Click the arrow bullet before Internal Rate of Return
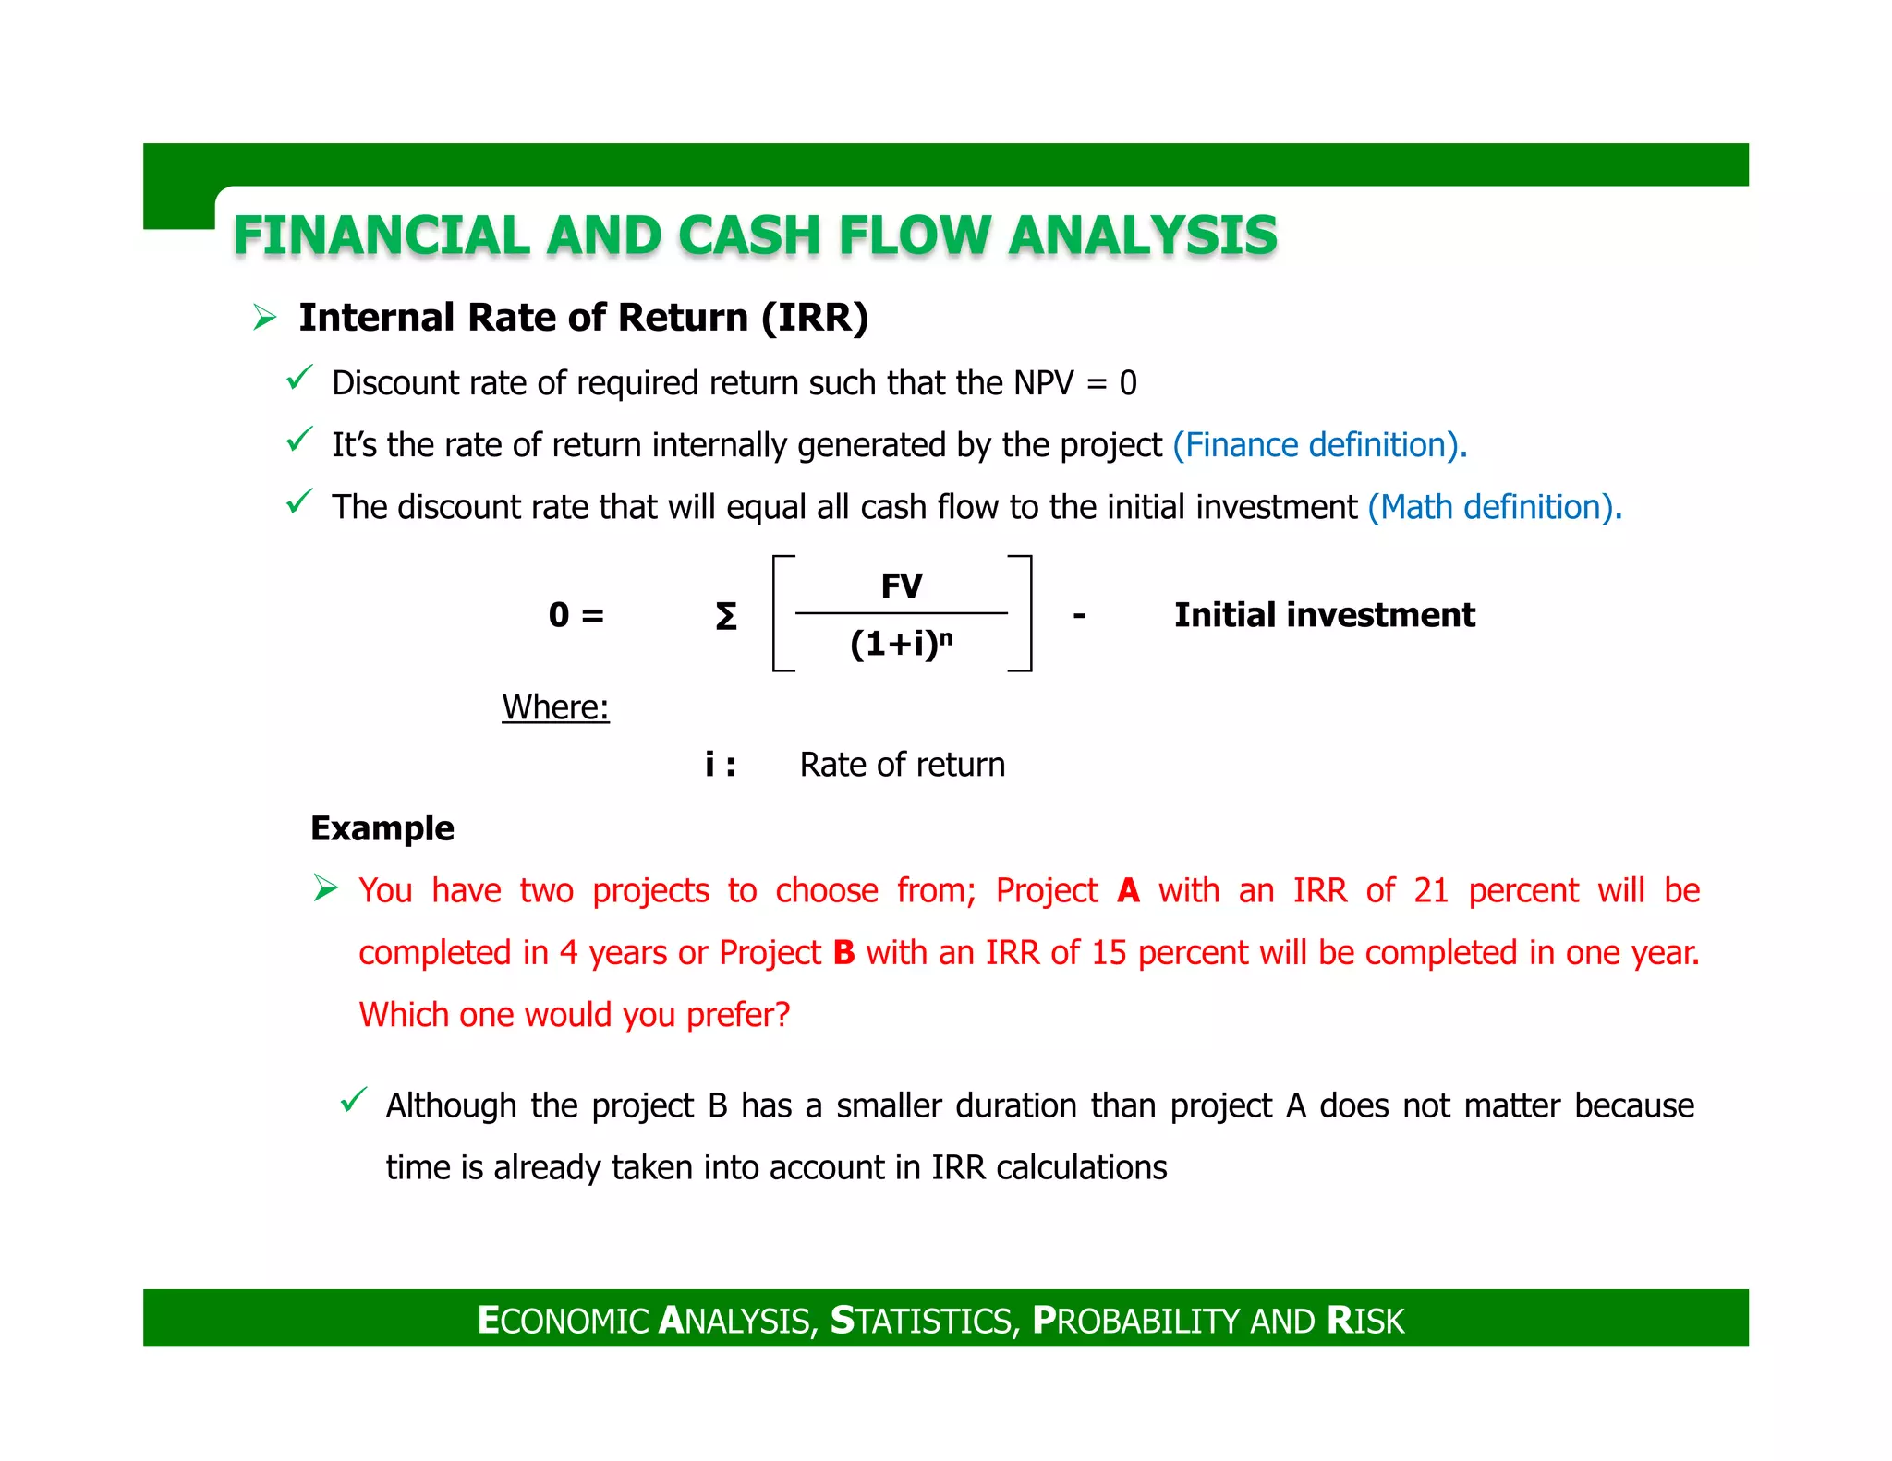click(265, 319)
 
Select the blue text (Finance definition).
click(1318, 445)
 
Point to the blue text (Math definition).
click(1494, 507)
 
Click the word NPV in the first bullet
click(1044, 383)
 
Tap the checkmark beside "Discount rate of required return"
click(299, 378)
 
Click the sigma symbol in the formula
click(726, 616)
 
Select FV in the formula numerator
click(902, 586)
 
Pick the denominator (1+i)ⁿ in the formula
click(901, 644)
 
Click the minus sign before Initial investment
click(1079, 615)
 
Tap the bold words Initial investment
click(1324, 615)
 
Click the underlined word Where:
click(555, 707)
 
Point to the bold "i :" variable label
click(720, 765)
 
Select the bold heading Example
click(382, 828)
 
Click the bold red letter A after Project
click(1128, 890)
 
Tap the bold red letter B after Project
click(843, 952)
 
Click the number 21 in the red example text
click(1431, 890)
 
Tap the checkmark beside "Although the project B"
click(354, 1100)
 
